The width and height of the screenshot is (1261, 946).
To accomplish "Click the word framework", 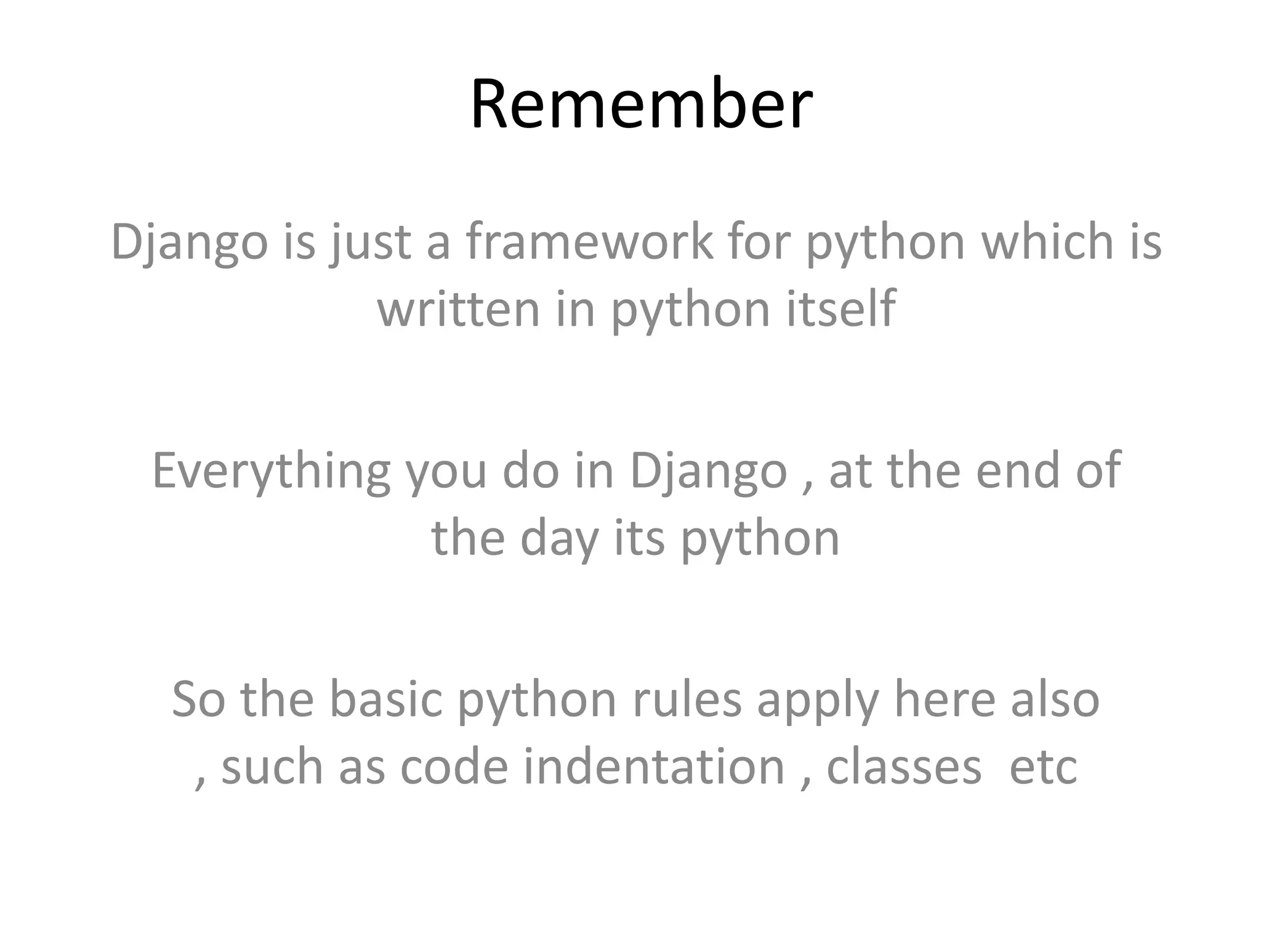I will point(589,241).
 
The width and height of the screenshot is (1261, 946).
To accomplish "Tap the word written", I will point(458,309).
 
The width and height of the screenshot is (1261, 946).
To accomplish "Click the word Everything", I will point(271,471).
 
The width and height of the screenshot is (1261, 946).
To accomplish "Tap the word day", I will point(559,540).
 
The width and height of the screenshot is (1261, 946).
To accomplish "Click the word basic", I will point(386,700).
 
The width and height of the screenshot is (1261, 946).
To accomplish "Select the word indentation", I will point(654,767).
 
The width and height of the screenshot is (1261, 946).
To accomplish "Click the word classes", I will point(903,767).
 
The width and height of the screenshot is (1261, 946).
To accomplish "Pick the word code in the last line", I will point(454,767).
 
